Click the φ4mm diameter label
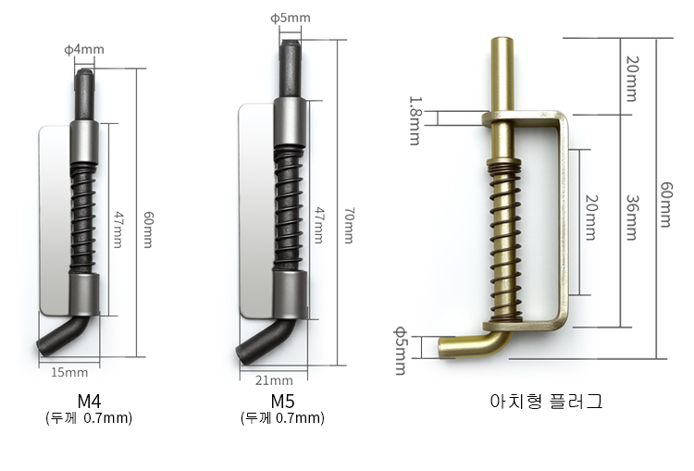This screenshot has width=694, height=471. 84,49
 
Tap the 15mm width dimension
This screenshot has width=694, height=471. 69,372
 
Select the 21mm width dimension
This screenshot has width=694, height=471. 274,380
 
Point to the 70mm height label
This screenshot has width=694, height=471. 349,225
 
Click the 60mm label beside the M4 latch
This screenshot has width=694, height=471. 148,229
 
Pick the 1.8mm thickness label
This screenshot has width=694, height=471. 415,121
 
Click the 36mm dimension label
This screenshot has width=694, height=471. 632,217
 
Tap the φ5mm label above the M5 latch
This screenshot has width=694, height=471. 291,18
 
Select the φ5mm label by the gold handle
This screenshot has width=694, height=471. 400,351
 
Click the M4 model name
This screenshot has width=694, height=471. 89,401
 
